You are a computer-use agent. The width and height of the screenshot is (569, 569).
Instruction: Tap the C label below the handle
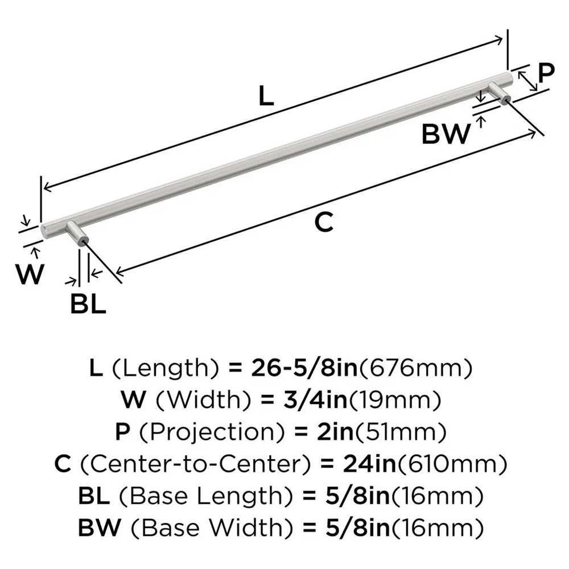(x=323, y=222)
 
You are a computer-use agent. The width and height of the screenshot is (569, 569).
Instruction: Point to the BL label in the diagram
(x=88, y=304)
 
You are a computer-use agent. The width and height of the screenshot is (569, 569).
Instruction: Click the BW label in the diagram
(x=447, y=134)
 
